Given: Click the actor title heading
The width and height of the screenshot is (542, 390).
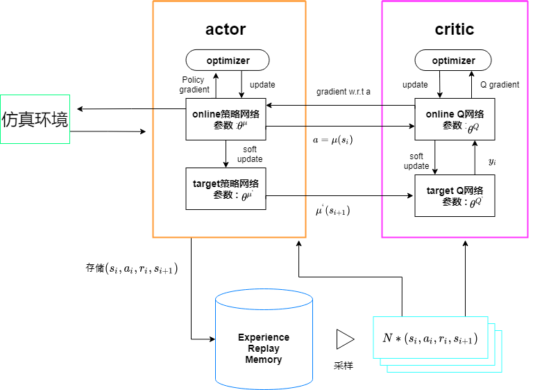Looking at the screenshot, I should [226, 29].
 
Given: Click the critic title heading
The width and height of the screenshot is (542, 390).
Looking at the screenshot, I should [455, 29].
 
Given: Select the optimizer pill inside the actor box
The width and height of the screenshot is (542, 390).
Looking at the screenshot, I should [228, 60].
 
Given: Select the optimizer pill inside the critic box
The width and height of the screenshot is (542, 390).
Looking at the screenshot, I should [454, 60].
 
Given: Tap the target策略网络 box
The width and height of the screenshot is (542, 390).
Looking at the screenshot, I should [226, 188].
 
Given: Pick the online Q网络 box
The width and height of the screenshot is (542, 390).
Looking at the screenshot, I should [455, 120].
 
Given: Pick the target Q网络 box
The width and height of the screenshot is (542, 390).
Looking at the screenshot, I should [455, 195].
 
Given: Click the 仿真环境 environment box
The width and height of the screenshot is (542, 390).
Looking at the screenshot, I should [35, 119].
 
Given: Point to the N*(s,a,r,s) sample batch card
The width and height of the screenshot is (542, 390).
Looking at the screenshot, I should [430, 339].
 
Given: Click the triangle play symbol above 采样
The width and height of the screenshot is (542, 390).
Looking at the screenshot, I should [345, 339].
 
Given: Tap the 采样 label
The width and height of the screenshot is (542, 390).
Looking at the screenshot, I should [344, 366].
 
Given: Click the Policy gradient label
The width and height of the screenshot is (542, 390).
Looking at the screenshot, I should [194, 84].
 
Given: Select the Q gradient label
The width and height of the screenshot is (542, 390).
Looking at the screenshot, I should [500, 85].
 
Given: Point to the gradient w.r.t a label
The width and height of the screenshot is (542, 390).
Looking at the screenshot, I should [344, 92].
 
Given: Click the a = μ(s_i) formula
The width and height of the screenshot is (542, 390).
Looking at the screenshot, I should [333, 140].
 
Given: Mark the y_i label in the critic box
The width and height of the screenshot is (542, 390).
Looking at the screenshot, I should [491, 161].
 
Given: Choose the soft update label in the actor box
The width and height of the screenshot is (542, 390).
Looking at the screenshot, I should [250, 154].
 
